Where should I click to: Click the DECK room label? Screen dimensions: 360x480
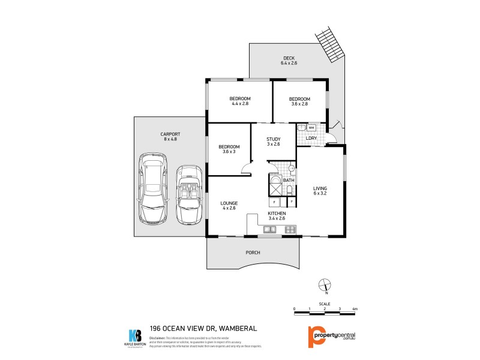click(x=289, y=58)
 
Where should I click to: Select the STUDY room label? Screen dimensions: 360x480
click(x=274, y=139)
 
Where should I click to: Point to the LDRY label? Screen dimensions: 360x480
click(x=311, y=139)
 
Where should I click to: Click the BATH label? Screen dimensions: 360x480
click(x=289, y=180)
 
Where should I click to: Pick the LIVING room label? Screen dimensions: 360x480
click(x=320, y=188)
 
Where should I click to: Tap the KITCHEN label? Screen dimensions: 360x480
click(x=277, y=214)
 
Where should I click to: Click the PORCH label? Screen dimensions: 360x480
click(x=253, y=253)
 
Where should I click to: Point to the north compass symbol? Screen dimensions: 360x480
click(x=325, y=285)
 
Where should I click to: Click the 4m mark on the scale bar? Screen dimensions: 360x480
click(x=355, y=308)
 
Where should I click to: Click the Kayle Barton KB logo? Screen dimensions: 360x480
click(x=135, y=337)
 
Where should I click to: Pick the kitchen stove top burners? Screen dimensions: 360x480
click(x=290, y=229)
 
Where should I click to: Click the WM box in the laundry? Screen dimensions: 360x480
click(x=311, y=128)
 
